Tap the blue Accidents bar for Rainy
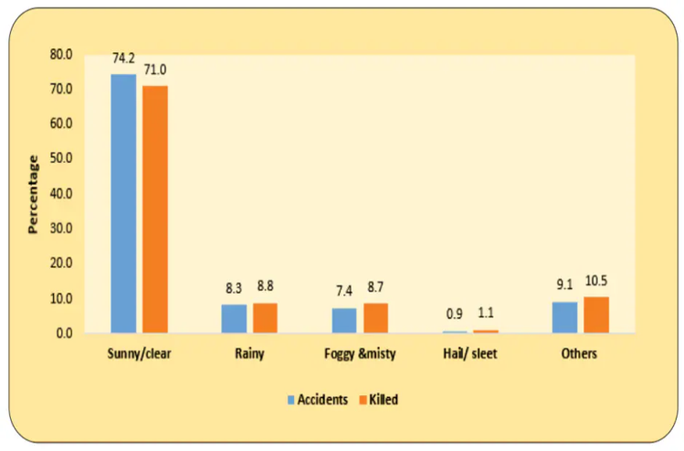click(x=234, y=318)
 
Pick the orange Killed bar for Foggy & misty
click(x=375, y=317)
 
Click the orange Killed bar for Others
click(x=596, y=315)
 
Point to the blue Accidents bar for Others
click(x=565, y=317)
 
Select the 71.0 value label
click(x=154, y=70)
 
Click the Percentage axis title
click(x=34, y=194)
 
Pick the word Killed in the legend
click(x=384, y=400)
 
